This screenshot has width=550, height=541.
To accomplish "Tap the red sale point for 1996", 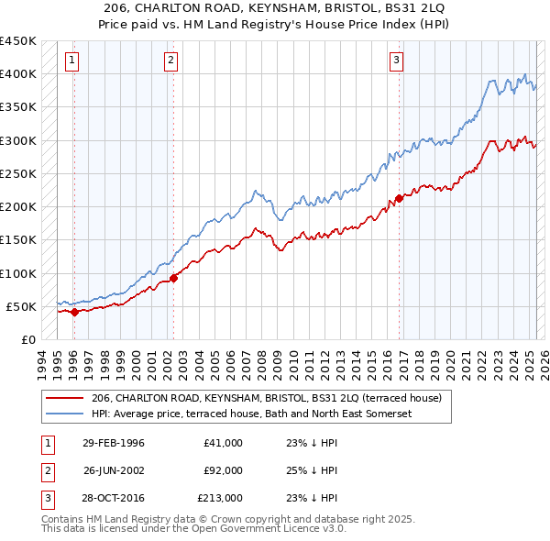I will [74, 312].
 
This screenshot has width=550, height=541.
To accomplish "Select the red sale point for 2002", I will [174, 278].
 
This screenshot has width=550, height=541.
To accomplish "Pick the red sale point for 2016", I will [400, 197].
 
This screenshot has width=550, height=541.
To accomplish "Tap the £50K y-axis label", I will [22, 306].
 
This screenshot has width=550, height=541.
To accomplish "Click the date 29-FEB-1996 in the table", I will [114, 442].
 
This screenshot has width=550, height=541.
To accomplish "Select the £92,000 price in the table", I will [221, 470].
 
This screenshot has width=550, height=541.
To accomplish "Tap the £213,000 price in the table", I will [219, 498].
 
